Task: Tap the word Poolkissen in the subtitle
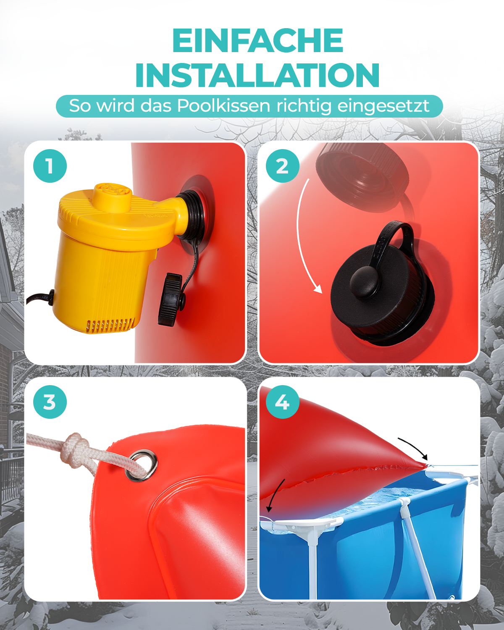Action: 223,106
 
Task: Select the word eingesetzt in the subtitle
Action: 383,106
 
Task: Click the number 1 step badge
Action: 50,166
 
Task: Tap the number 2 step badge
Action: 282,166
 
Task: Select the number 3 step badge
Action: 50,402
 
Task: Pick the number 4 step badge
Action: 282,402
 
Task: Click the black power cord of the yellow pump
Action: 40,299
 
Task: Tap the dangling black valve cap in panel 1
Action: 171,299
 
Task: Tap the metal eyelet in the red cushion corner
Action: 142,466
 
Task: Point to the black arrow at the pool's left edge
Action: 275,495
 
